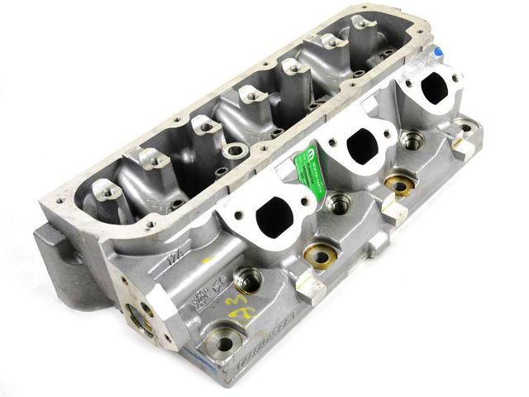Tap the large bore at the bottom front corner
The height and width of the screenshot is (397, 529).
point(222,340)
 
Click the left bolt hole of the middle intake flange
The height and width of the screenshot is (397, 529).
point(334,142)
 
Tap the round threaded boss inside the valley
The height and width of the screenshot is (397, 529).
point(235,151)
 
